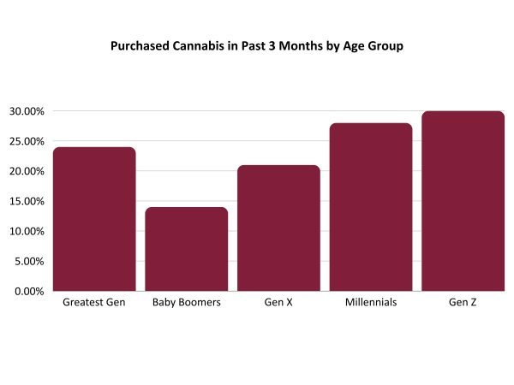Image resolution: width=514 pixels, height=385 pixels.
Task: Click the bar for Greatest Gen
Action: click(94, 219)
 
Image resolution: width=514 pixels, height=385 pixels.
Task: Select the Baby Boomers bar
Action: click(187, 249)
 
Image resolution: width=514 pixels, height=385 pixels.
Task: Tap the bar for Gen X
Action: click(278, 228)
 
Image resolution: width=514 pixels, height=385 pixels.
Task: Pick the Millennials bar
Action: click(371, 207)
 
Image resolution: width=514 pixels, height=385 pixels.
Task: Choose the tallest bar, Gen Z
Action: click(463, 201)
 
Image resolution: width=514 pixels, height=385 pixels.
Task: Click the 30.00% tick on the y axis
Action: click(28, 111)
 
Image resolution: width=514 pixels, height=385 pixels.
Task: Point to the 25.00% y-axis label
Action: click(28, 141)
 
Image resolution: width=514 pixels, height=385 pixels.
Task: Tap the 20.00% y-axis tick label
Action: click(28, 171)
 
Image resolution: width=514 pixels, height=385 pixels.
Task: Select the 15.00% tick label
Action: click(28, 201)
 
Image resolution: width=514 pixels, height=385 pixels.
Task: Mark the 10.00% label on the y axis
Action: click(28, 231)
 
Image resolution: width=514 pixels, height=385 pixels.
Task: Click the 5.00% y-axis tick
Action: click(31, 261)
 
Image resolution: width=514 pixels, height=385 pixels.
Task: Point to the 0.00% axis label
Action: click(31, 291)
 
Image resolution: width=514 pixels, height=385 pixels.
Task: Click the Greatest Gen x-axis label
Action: click(94, 304)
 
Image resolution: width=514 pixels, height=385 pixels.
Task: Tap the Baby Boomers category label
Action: click(187, 304)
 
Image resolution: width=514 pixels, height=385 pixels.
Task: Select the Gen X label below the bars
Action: click(278, 304)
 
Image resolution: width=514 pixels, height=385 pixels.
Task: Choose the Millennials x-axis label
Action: click(371, 304)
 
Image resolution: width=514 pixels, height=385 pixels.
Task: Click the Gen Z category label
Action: click(463, 304)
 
